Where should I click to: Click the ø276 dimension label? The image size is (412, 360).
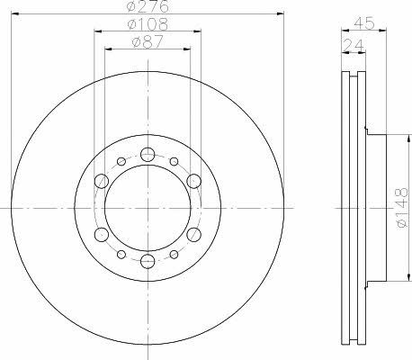coord(148,6)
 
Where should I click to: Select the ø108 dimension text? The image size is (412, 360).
coord(148,24)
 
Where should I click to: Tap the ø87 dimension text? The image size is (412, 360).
coord(148,41)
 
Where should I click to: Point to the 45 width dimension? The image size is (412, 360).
coord(364,23)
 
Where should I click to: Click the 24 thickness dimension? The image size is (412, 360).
coord(354,45)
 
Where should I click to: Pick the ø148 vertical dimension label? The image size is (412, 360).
coord(401,208)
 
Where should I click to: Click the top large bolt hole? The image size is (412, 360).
coord(148,155)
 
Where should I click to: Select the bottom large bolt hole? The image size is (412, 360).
coord(148,260)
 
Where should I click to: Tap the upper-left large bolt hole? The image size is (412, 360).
coord(102,181)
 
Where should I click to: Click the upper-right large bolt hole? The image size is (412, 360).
coord(193,181)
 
